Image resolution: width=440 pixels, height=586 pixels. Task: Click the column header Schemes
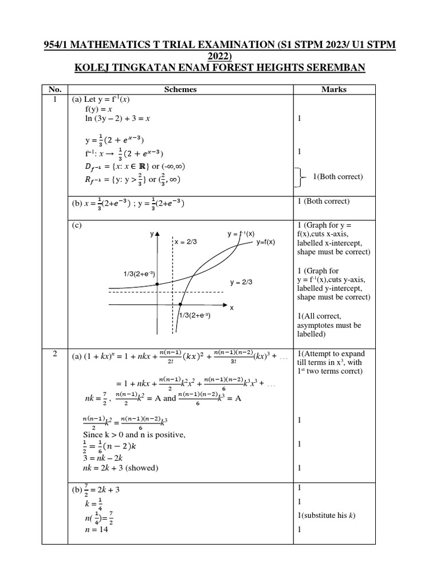(x=180, y=89)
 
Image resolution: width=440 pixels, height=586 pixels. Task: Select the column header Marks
(x=334, y=89)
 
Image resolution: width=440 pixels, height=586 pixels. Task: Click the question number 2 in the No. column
(x=54, y=354)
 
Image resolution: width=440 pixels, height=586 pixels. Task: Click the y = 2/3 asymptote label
(x=241, y=282)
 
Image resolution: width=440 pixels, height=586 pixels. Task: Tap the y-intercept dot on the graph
(x=157, y=284)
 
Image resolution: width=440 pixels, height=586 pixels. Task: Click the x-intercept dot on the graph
(x=180, y=304)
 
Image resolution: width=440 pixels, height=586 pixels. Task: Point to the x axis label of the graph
(x=232, y=308)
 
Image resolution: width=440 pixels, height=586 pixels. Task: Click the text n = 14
(x=96, y=529)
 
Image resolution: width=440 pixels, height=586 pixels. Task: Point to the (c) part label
(x=77, y=225)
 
